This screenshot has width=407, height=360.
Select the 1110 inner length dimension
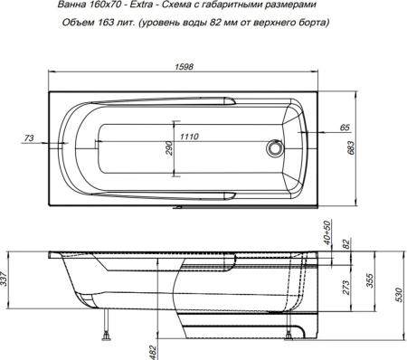pyautogui.click(x=189, y=137)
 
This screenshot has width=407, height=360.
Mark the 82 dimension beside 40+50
pyautogui.click(x=345, y=243)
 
